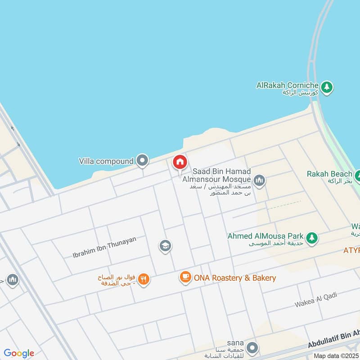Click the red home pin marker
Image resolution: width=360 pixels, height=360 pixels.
[x=180, y=162]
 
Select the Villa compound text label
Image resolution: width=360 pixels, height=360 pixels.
[x=106, y=161]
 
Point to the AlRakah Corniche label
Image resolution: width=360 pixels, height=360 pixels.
[x=288, y=85]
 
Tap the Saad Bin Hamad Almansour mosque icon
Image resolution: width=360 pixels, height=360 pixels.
[x=259, y=181]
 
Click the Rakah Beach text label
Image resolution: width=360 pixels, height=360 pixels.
[x=329, y=174]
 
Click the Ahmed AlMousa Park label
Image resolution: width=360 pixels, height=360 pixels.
[x=265, y=236]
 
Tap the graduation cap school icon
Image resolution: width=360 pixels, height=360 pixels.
[x=165, y=246]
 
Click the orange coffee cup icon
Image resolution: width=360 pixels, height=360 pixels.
[x=185, y=277]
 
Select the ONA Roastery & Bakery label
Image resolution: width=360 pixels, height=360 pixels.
[x=234, y=278]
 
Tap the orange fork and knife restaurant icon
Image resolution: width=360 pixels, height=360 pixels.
[x=143, y=279]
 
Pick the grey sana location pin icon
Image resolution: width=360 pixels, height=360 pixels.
[x=252, y=347]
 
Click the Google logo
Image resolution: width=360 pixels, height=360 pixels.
[x=19, y=353]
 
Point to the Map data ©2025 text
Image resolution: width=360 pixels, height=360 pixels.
[x=337, y=355]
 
